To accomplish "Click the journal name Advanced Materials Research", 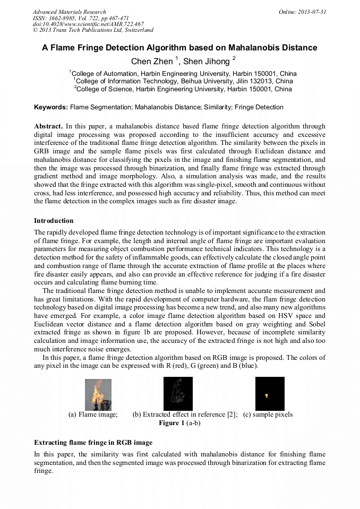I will tap(69, 12).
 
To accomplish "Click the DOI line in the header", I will tap(88, 24).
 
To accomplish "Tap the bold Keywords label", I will tap(51, 107).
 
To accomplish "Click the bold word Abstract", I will tap(48, 127).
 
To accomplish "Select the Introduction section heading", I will tap(54, 220).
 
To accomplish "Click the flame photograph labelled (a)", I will tap(98, 394).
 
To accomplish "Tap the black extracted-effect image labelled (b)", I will tap(178, 393).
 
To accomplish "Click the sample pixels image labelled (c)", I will tap(270, 393).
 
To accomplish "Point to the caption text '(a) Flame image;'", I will tap(93, 415).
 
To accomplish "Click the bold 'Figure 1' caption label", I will tap(172, 423).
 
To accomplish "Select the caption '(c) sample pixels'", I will tap(268, 415).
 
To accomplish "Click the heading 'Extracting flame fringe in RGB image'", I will tap(93, 442).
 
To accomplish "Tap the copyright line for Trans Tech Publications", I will tap(93, 30).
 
